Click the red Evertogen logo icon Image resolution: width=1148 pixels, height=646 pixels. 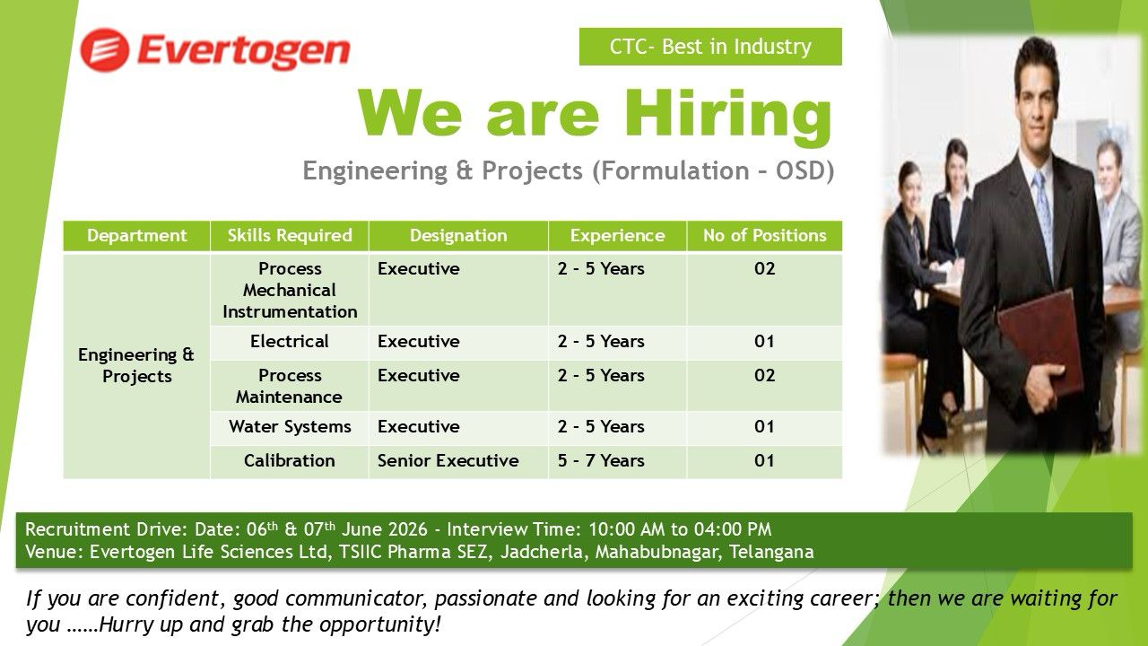(x=105, y=49)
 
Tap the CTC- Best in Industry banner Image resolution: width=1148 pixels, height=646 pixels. (x=710, y=47)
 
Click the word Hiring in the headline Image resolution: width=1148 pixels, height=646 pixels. (x=727, y=116)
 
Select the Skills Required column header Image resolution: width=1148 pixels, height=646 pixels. (x=290, y=235)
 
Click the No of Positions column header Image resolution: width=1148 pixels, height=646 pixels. (x=765, y=235)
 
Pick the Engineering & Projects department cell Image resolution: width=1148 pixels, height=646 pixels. (x=136, y=365)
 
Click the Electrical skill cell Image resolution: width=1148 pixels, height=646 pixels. (x=290, y=342)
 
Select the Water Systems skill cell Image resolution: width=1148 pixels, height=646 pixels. (x=290, y=426)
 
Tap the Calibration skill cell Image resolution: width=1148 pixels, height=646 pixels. (x=290, y=461)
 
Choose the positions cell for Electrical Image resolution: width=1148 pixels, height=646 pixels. (x=764, y=342)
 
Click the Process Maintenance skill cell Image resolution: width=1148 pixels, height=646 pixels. (x=290, y=386)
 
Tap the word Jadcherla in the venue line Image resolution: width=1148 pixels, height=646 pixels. (x=542, y=552)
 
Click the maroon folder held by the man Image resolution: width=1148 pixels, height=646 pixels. (x=1040, y=343)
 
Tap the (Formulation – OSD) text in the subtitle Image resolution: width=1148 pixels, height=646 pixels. (x=713, y=170)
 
